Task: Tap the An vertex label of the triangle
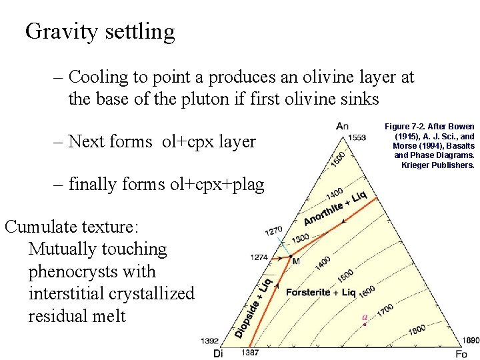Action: coord(342,126)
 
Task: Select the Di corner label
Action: coord(218,353)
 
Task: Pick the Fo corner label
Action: coord(461,353)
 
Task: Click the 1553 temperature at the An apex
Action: coord(357,137)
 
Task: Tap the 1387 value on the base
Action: coord(249,352)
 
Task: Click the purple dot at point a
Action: coord(365,324)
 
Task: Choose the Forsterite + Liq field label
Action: coord(321,292)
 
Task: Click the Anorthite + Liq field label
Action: coord(335,209)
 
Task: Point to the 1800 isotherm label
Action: coord(417,329)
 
